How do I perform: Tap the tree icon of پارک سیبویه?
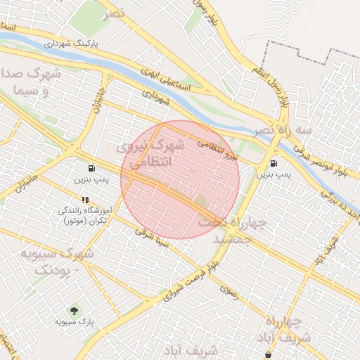pos(74,310)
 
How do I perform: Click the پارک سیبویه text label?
pos(74,322)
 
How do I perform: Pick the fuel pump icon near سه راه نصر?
pos(273,163)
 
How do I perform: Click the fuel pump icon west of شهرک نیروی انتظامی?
pos(91,169)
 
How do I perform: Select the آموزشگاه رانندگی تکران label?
pos(85,215)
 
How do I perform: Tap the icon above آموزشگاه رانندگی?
pos(85,200)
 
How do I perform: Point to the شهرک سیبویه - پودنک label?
pos(56,262)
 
